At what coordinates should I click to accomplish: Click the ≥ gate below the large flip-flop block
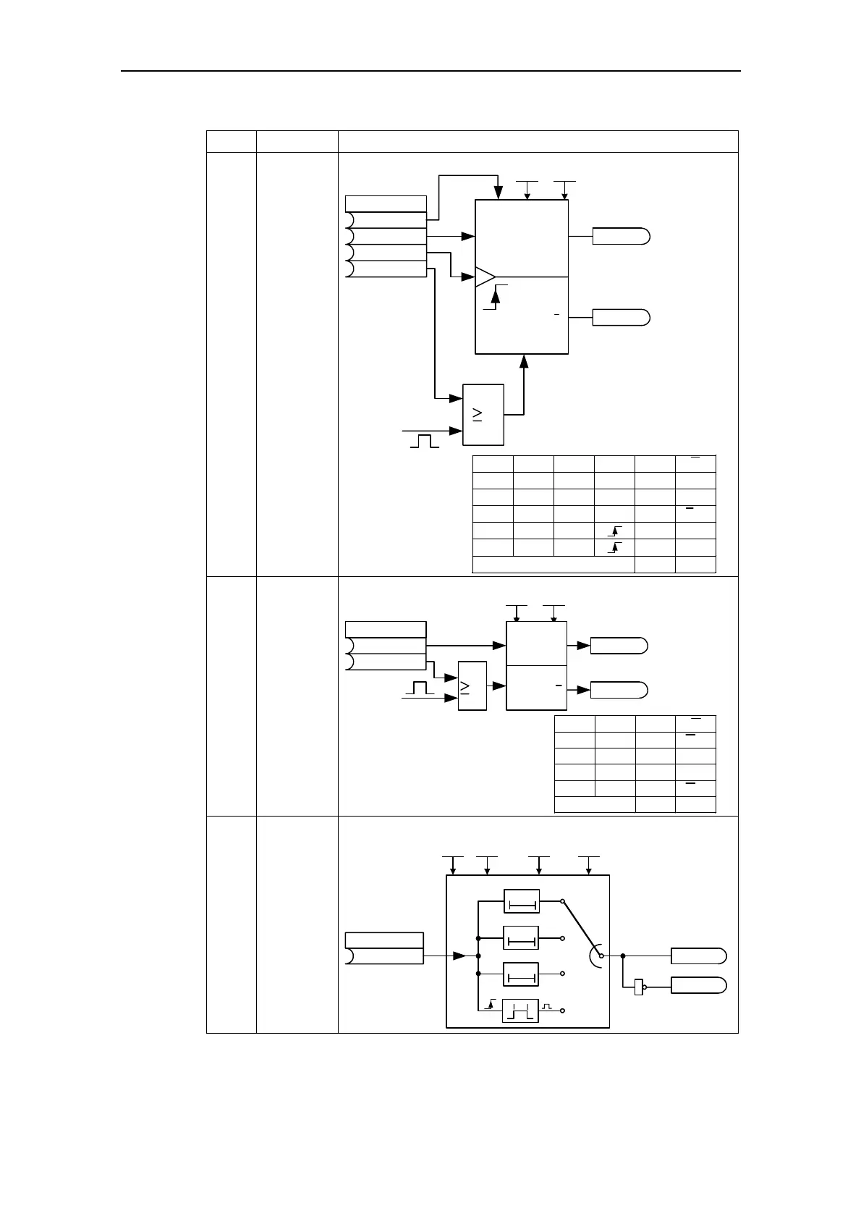[483, 414]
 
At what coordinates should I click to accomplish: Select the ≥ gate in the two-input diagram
[472, 686]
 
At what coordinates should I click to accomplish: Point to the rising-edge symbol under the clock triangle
[496, 297]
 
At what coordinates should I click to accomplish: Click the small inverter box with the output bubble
[639, 986]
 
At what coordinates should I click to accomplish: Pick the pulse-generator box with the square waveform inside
[520, 1010]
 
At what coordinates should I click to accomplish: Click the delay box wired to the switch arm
[521, 902]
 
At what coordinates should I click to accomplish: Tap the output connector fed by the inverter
[698, 985]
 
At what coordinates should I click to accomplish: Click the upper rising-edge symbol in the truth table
[614, 531]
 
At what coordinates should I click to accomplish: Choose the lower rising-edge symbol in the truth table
[614, 547]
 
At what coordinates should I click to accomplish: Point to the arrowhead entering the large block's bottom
[524, 360]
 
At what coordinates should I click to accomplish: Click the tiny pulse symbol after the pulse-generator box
[548, 1007]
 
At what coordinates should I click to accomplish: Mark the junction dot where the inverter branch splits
[622, 956]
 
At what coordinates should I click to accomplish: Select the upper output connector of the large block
[621, 236]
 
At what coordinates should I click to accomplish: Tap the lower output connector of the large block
[621, 317]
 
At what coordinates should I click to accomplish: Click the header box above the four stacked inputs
[386, 203]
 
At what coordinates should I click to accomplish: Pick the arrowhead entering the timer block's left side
[459, 956]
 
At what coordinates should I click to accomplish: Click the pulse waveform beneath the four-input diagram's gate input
[425, 440]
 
